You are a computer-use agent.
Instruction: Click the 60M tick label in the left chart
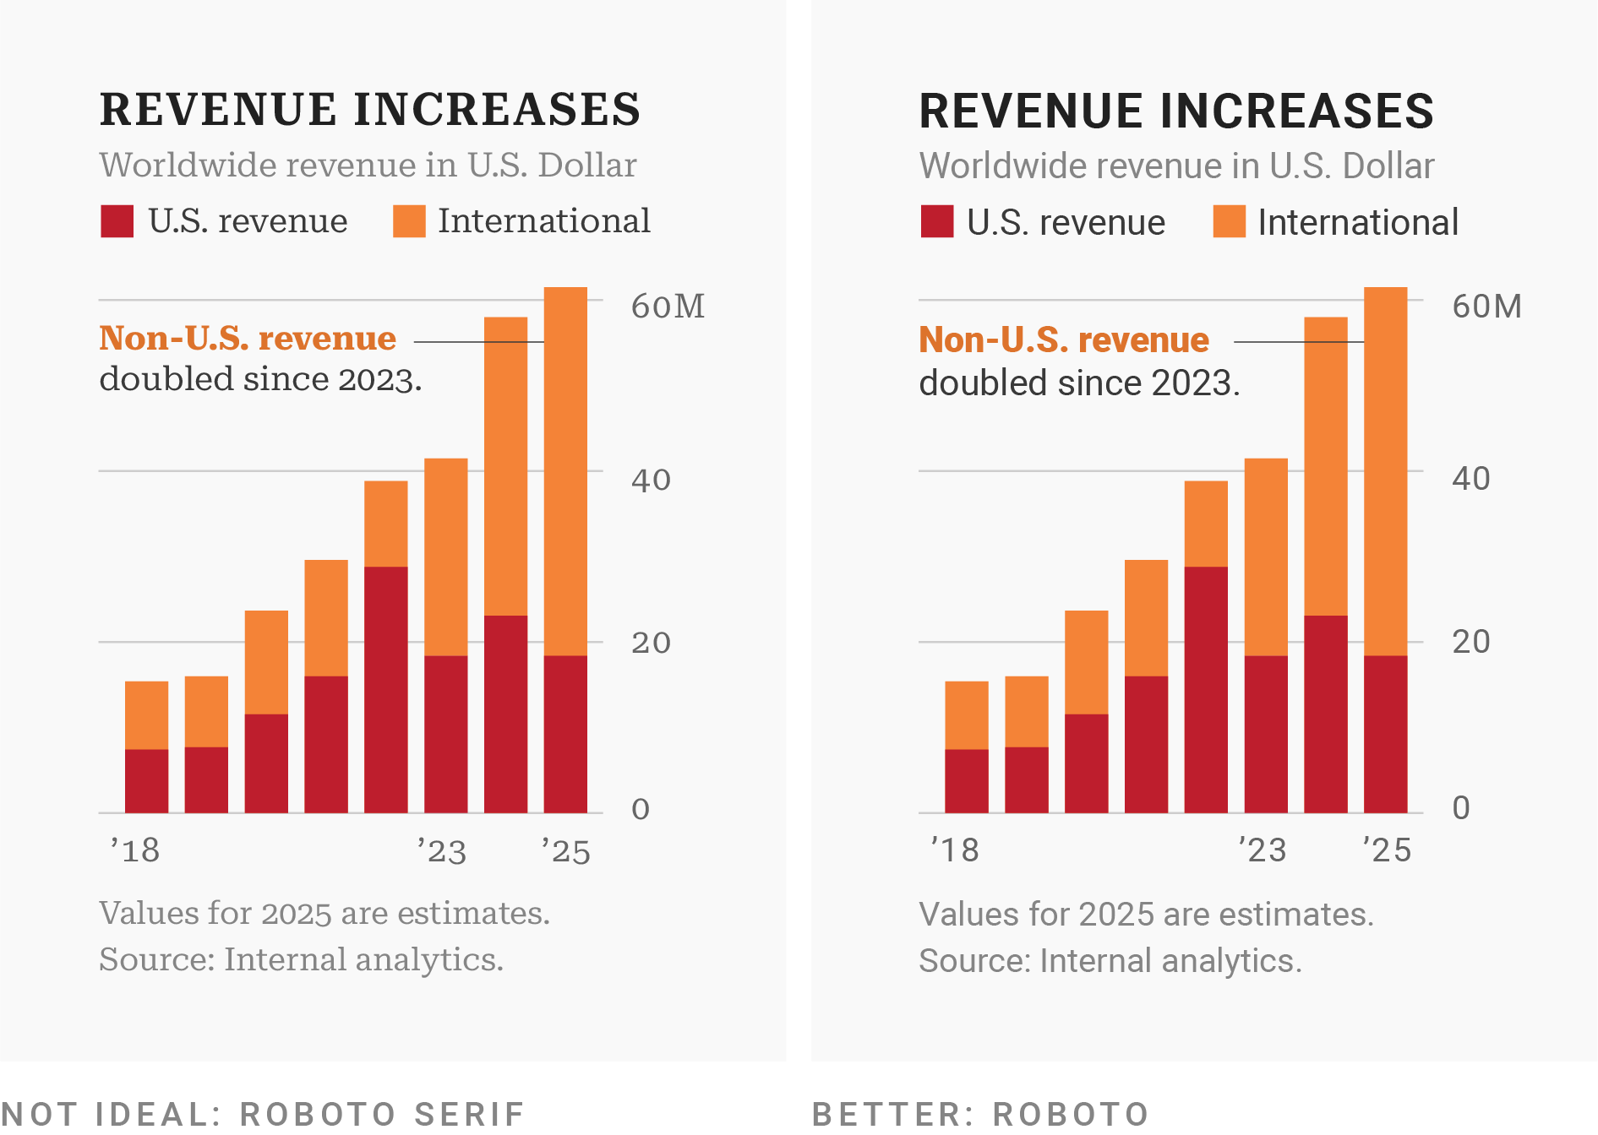668,307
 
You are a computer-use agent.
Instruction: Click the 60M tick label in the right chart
1486,307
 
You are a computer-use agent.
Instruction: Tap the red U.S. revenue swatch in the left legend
117,221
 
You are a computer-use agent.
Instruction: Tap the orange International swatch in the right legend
1229,222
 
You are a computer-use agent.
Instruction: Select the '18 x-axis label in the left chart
136,850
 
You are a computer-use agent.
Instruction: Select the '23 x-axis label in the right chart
1263,850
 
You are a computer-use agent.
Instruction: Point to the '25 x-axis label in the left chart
566,851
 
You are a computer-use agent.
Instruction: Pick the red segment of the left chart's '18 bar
146,780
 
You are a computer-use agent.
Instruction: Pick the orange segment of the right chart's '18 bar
966,714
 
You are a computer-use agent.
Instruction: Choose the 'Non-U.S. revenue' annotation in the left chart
248,339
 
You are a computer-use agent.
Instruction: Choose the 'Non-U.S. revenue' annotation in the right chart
1064,340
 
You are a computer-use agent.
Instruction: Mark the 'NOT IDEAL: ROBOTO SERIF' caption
263,1114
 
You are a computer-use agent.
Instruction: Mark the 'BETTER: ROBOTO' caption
980,1114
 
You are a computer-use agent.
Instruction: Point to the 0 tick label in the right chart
1460,808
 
